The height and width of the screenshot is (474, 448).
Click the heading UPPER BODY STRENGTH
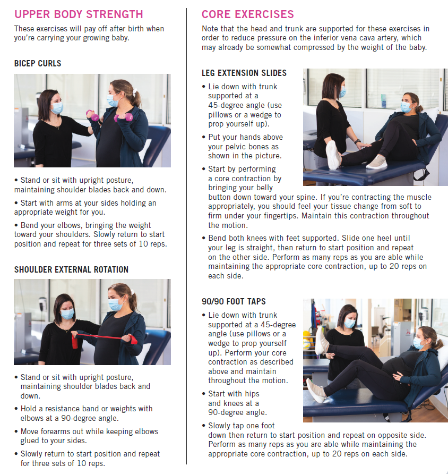pos(79,14)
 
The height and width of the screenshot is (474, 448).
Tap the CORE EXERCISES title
pos(247,14)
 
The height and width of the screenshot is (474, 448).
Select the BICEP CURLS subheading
pos(38,63)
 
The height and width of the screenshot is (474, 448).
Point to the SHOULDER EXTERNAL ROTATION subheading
pos(71,269)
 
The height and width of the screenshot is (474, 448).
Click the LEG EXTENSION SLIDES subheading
pos(244,73)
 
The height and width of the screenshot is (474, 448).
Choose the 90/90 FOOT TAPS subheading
pos(234,301)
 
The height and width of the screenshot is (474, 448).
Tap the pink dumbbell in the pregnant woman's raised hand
pos(124,117)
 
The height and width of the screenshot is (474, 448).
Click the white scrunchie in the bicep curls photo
pos(135,90)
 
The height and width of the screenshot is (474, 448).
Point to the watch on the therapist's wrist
pos(357,141)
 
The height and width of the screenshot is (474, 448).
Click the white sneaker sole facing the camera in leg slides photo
pos(333,155)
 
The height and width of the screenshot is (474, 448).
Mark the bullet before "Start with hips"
pos(203,394)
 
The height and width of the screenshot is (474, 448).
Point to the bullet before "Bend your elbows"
pos(16,225)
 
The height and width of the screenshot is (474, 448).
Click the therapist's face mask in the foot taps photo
pos(350,323)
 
